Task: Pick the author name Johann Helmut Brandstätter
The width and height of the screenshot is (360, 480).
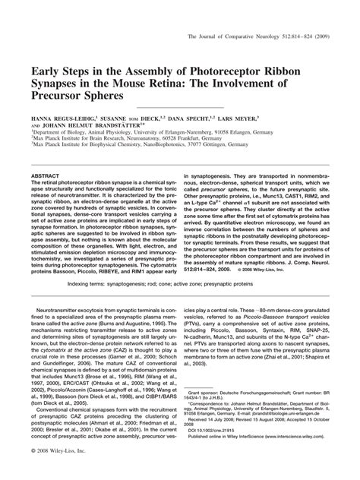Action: pyautogui.click(x=93, y=129)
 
